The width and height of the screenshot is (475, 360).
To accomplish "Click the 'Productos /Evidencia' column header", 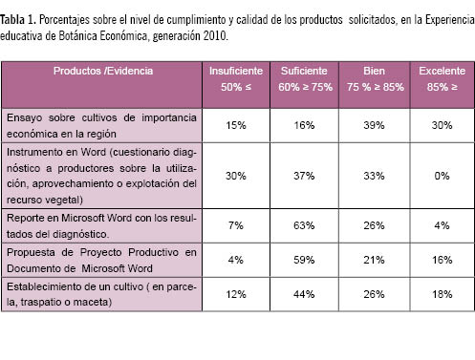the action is pyautogui.click(x=103, y=71).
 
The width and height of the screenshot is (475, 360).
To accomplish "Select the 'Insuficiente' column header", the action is pyautogui.click(x=236, y=71).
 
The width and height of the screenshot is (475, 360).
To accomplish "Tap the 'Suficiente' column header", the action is pyautogui.click(x=304, y=71).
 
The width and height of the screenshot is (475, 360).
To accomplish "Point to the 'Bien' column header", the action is pyautogui.click(x=374, y=71).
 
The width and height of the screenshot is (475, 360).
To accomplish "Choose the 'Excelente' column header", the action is pyautogui.click(x=442, y=71).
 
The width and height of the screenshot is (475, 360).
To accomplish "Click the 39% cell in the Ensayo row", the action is pyautogui.click(x=374, y=125).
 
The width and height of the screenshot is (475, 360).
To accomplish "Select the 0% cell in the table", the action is pyautogui.click(x=442, y=176).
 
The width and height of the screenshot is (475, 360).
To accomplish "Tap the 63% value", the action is pyautogui.click(x=304, y=225).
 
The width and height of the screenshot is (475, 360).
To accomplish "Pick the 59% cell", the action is pyautogui.click(x=304, y=260).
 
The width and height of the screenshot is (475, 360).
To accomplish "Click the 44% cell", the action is pyautogui.click(x=304, y=294).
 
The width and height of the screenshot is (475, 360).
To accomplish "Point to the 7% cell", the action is pyautogui.click(x=236, y=225).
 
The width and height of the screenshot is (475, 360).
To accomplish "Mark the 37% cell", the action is pyautogui.click(x=304, y=176).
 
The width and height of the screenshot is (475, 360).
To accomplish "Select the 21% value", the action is pyautogui.click(x=374, y=260).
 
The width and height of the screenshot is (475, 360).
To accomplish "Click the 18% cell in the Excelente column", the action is pyautogui.click(x=442, y=294).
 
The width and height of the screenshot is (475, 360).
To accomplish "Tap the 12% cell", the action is pyautogui.click(x=236, y=294).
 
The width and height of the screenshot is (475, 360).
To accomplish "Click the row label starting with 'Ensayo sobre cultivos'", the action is pyautogui.click(x=101, y=126).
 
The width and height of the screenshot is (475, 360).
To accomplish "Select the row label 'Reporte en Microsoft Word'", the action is pyautogui.click(x=101, y=226).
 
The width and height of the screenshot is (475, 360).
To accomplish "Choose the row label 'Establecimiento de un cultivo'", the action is pyautogui.click(x=101, y=294).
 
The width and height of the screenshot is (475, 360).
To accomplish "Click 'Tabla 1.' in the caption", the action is pyautogui.click(x=18, y=20).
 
